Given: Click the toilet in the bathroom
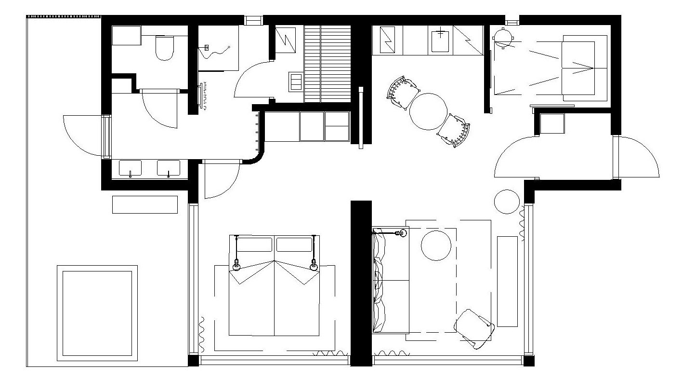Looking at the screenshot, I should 165,48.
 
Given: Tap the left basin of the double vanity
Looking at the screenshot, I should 130,168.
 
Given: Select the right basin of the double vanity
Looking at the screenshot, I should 168,168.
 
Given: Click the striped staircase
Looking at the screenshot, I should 328,63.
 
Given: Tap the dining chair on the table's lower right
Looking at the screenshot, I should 454,130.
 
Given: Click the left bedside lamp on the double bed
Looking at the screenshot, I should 236,264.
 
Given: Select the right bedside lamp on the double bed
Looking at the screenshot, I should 314,264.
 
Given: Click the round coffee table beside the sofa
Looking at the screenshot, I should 436,245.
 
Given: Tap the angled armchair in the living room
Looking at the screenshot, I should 474,327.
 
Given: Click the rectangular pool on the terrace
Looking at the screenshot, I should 97,313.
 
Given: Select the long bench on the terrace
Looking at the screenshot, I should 145,204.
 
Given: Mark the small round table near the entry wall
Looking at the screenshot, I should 507,202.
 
